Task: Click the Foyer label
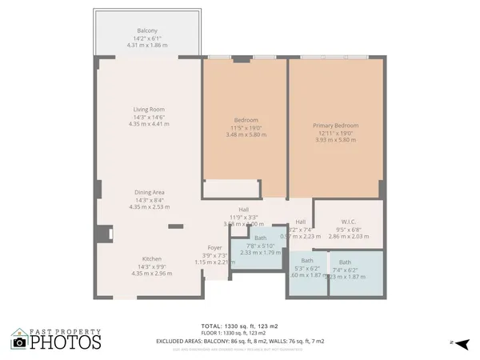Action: [214, 248]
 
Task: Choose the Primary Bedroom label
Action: [334, 126]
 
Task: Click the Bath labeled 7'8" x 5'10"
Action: [260, 238]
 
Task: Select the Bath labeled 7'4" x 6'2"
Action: [345, 262]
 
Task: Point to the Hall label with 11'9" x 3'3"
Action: [243, 209]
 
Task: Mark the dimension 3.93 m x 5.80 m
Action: [334, 140]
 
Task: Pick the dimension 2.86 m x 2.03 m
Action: [348, 238]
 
